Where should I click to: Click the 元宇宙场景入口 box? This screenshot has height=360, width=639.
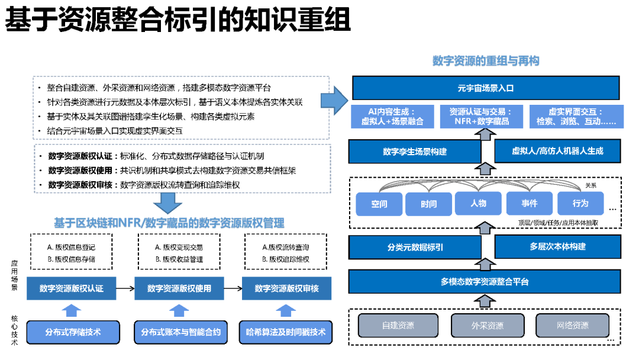pos(485,88)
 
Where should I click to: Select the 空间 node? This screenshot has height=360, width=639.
pos(379,204)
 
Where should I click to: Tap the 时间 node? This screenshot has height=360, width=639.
pos(429,204)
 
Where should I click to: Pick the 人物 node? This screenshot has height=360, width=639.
pos(479,203)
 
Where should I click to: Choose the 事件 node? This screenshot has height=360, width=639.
pos(530,203)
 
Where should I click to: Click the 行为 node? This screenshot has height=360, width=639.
pos(580,203)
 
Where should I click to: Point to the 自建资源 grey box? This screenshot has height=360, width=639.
pos(398,325)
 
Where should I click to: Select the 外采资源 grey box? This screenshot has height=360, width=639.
pos(487,325)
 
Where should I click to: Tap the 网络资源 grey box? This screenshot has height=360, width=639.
pos(572,325)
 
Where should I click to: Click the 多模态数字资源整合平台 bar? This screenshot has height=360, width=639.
pos(485,281)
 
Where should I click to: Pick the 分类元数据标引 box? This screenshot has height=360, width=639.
pos(415,247)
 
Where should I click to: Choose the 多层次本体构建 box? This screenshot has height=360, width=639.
pos(557,246)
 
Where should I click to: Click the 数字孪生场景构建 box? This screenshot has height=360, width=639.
pos(415,152)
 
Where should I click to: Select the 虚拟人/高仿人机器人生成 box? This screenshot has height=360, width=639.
pos(557,151)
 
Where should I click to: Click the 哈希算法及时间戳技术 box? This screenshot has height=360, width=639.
pos(286,332)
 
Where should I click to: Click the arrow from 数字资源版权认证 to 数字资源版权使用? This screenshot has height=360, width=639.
pos(125,288)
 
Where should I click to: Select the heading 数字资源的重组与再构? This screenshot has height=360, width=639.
pos(486,61)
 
